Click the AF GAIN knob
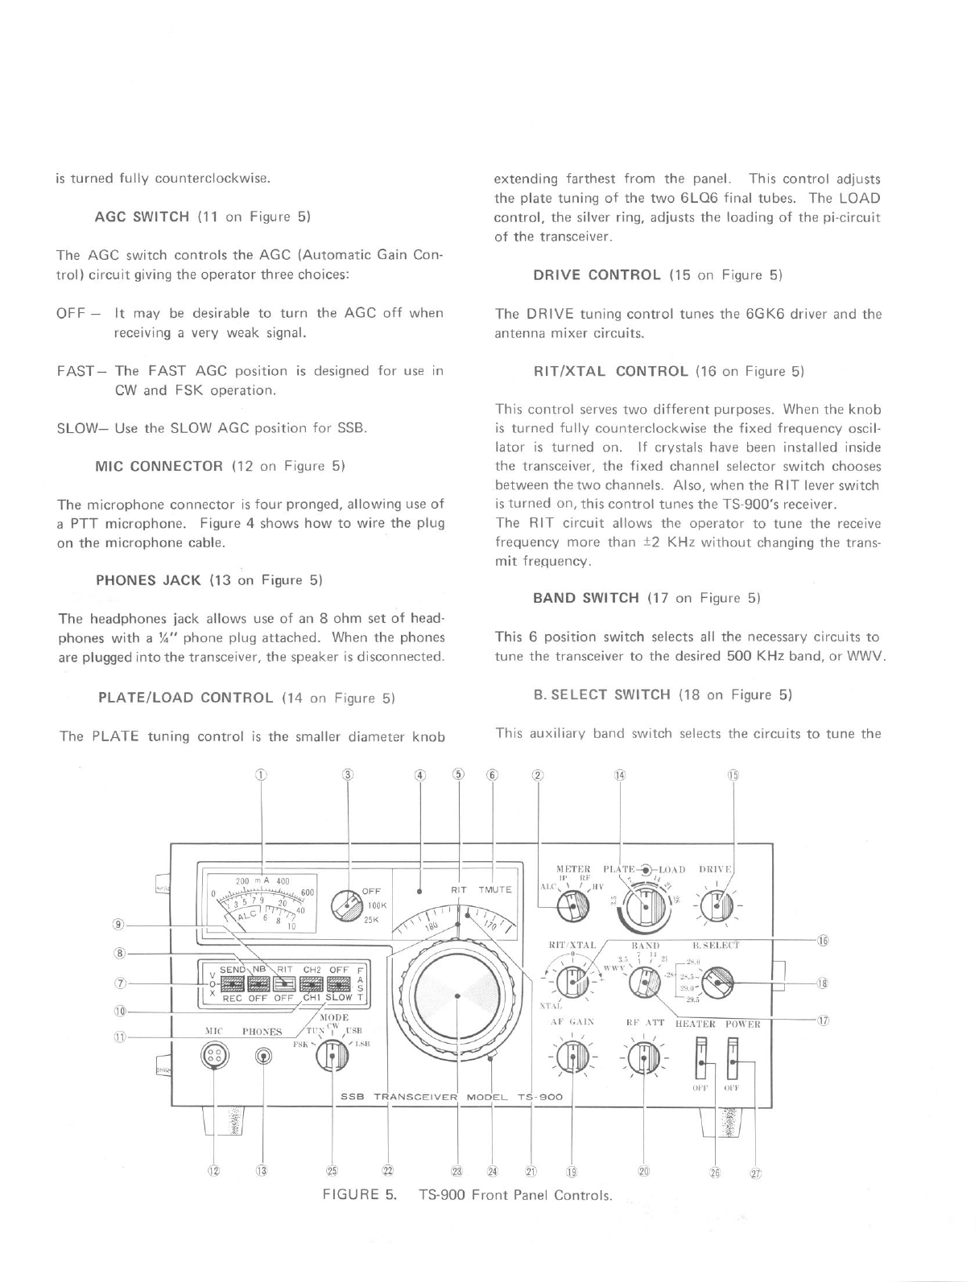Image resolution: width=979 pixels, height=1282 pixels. coord(572,1057)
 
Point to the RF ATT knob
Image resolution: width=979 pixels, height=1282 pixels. coord(643,1057)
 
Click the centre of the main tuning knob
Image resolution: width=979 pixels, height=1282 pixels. coord(456,996)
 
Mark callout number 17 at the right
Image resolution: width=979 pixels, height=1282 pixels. coord(823,1021)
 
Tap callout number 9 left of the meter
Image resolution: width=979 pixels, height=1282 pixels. coord(119,923)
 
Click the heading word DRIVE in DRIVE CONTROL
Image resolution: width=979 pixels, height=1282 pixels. coord(557,275)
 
